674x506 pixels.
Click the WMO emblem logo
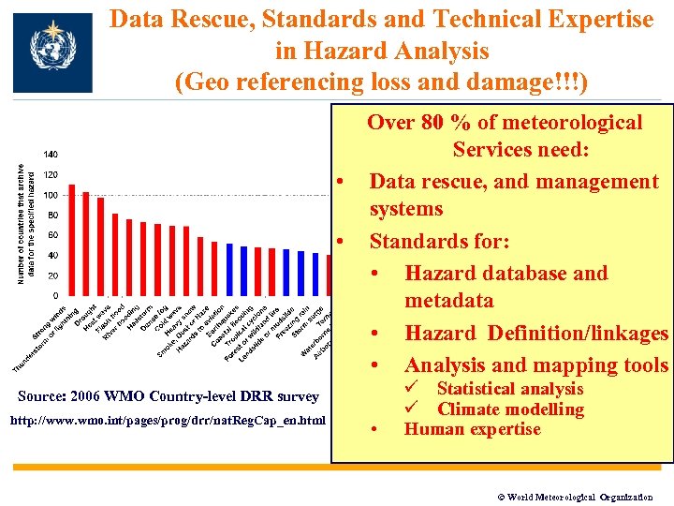click(52, 52)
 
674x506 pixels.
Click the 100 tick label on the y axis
click(50, 195)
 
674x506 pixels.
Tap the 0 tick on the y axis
click(55, 296)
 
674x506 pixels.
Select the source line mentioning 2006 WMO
click(168, 396)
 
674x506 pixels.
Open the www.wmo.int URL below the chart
click(168, 420)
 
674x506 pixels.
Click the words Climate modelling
click(510, 409)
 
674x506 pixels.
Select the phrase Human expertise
click(472, 429)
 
